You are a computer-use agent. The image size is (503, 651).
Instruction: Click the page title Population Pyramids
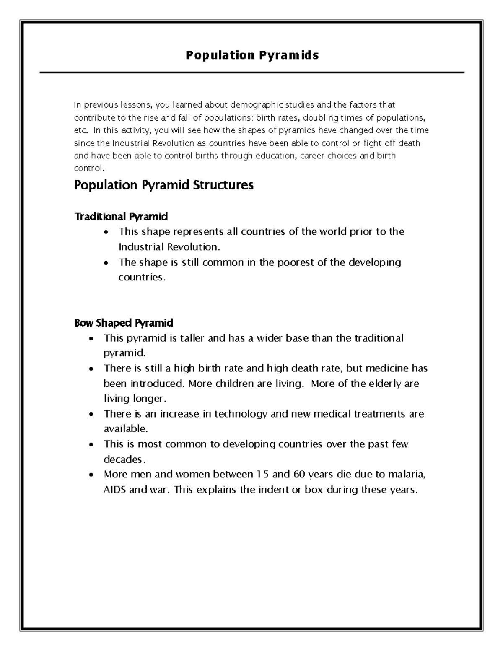[x=252, y=55]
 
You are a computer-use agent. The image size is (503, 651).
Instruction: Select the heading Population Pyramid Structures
[x=163, y=185]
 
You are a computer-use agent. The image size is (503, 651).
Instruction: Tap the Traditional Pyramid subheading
[x=121, y=216]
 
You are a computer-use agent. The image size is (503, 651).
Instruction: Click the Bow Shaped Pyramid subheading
[x=123, y=323]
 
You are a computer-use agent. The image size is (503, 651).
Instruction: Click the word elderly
[x=380, y=384]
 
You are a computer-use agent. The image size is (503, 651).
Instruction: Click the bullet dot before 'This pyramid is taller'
[x=92, y=339]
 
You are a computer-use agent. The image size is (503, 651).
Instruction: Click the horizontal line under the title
[x=252, y=73]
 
